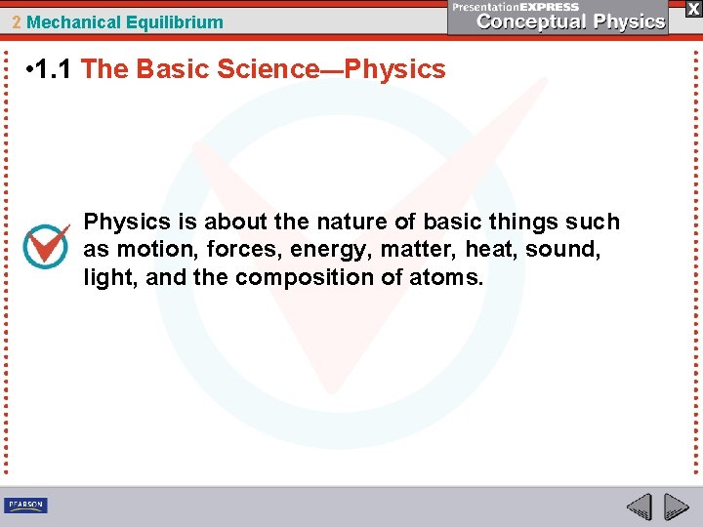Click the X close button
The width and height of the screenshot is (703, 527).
692,8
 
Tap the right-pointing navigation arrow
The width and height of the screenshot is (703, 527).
676,507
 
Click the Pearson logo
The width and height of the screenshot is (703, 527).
25,505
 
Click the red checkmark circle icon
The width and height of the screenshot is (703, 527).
46,247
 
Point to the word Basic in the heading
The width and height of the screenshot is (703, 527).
183,69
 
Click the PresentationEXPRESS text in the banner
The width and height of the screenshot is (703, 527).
516,7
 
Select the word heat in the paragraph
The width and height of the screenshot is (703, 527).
491,250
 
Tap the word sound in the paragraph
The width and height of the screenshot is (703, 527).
563,250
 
